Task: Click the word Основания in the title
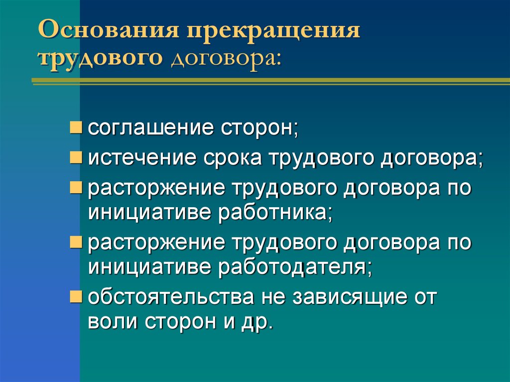[x=109, y=30]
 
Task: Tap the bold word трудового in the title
[x=100, y=59]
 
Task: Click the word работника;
[x=275, y=213]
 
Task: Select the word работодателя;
[x=295, y=267]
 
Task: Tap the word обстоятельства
[x=171, y=297]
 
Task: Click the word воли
[x=112, y=321]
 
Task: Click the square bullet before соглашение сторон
[x=76, y=128]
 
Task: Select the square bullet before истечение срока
[x=76, y=158]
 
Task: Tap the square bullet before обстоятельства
[x=76, y=296]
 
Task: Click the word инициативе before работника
[x=150, y=213]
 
